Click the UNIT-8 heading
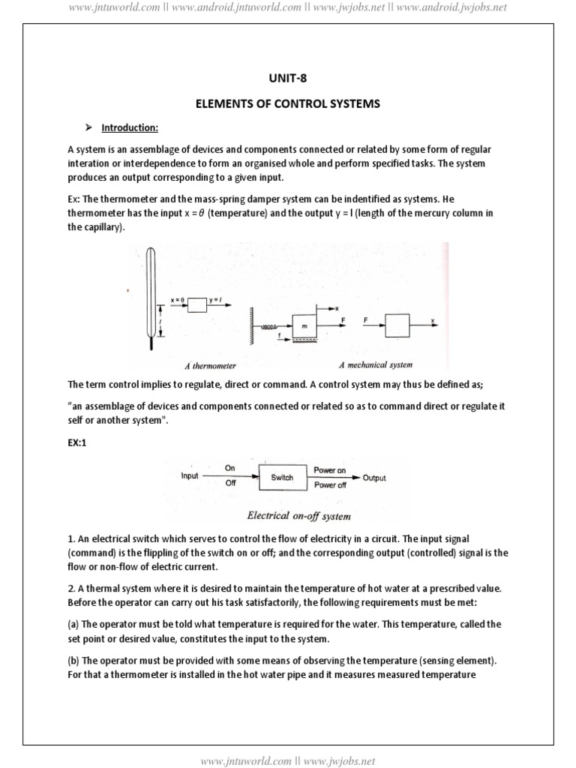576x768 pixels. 288,76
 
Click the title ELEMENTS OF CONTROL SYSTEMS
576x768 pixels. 288,103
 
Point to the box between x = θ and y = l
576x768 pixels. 196,305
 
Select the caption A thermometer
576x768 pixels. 210,366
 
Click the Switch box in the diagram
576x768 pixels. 282,477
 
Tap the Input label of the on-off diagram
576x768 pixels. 190,476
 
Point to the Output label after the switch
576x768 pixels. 374,478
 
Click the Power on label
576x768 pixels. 329,469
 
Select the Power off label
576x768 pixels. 329,485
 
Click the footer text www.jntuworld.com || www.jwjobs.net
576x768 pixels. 288,760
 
